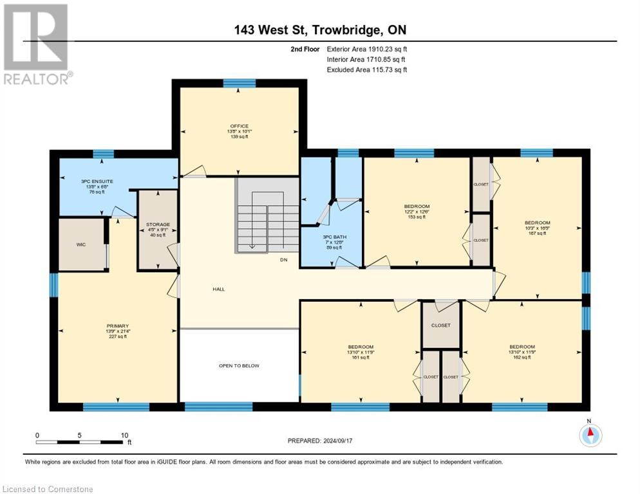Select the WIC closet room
tap(80, 244)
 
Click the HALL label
tap(218, 289)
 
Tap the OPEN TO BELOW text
tap(238, 365)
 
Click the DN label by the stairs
tap(283, 261)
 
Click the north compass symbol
tap(590, 435)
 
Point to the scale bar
tap(83, 441)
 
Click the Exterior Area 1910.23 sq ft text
tap(367, 49)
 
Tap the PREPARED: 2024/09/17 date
tap(319, 441)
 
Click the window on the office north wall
tap(239, 82)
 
